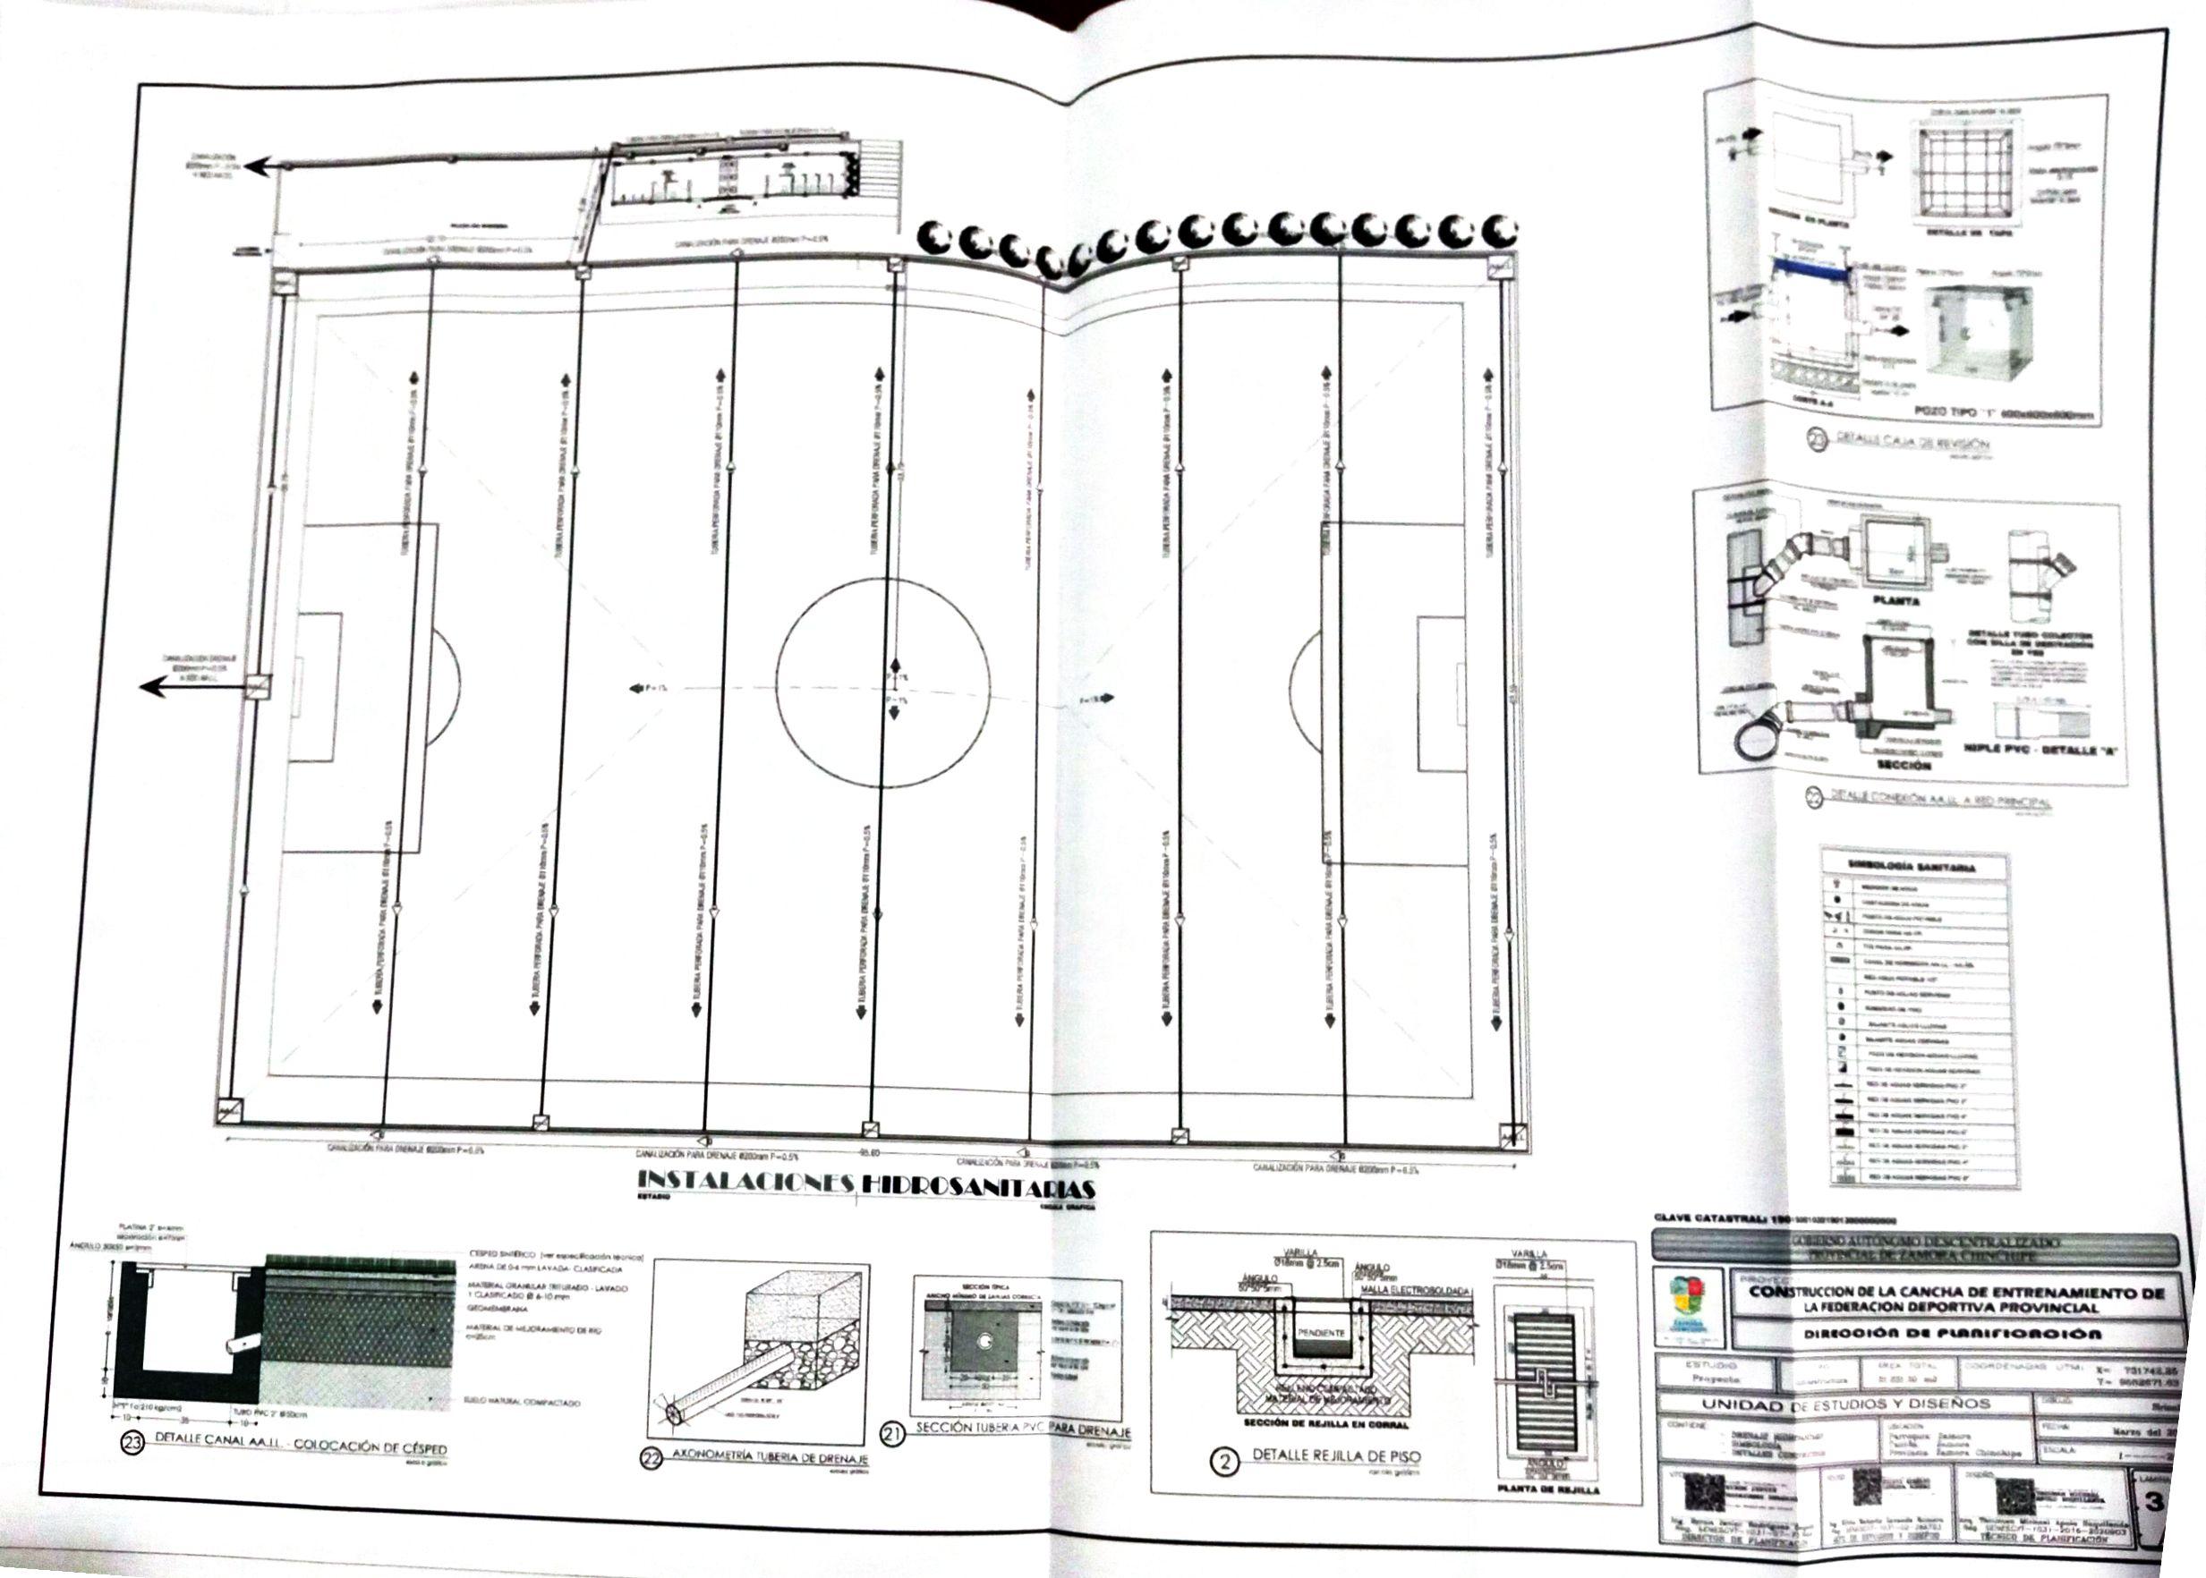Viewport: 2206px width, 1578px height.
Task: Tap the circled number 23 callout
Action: point(131,1444)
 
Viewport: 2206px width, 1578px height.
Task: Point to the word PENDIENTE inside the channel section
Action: point(1320,1333)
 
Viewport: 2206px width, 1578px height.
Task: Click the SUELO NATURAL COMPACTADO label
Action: point(524,1402)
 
